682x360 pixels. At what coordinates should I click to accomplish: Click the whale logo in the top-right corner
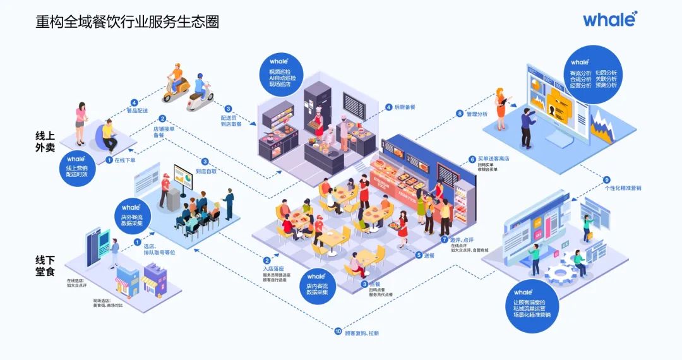click(x=609, y=19)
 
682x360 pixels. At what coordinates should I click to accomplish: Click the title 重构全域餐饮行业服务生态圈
click(x=127, y=21)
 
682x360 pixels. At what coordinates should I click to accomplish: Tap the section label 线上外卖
click(x=47, y=141)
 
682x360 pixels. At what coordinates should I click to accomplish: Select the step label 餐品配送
click(x=138, y=111)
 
